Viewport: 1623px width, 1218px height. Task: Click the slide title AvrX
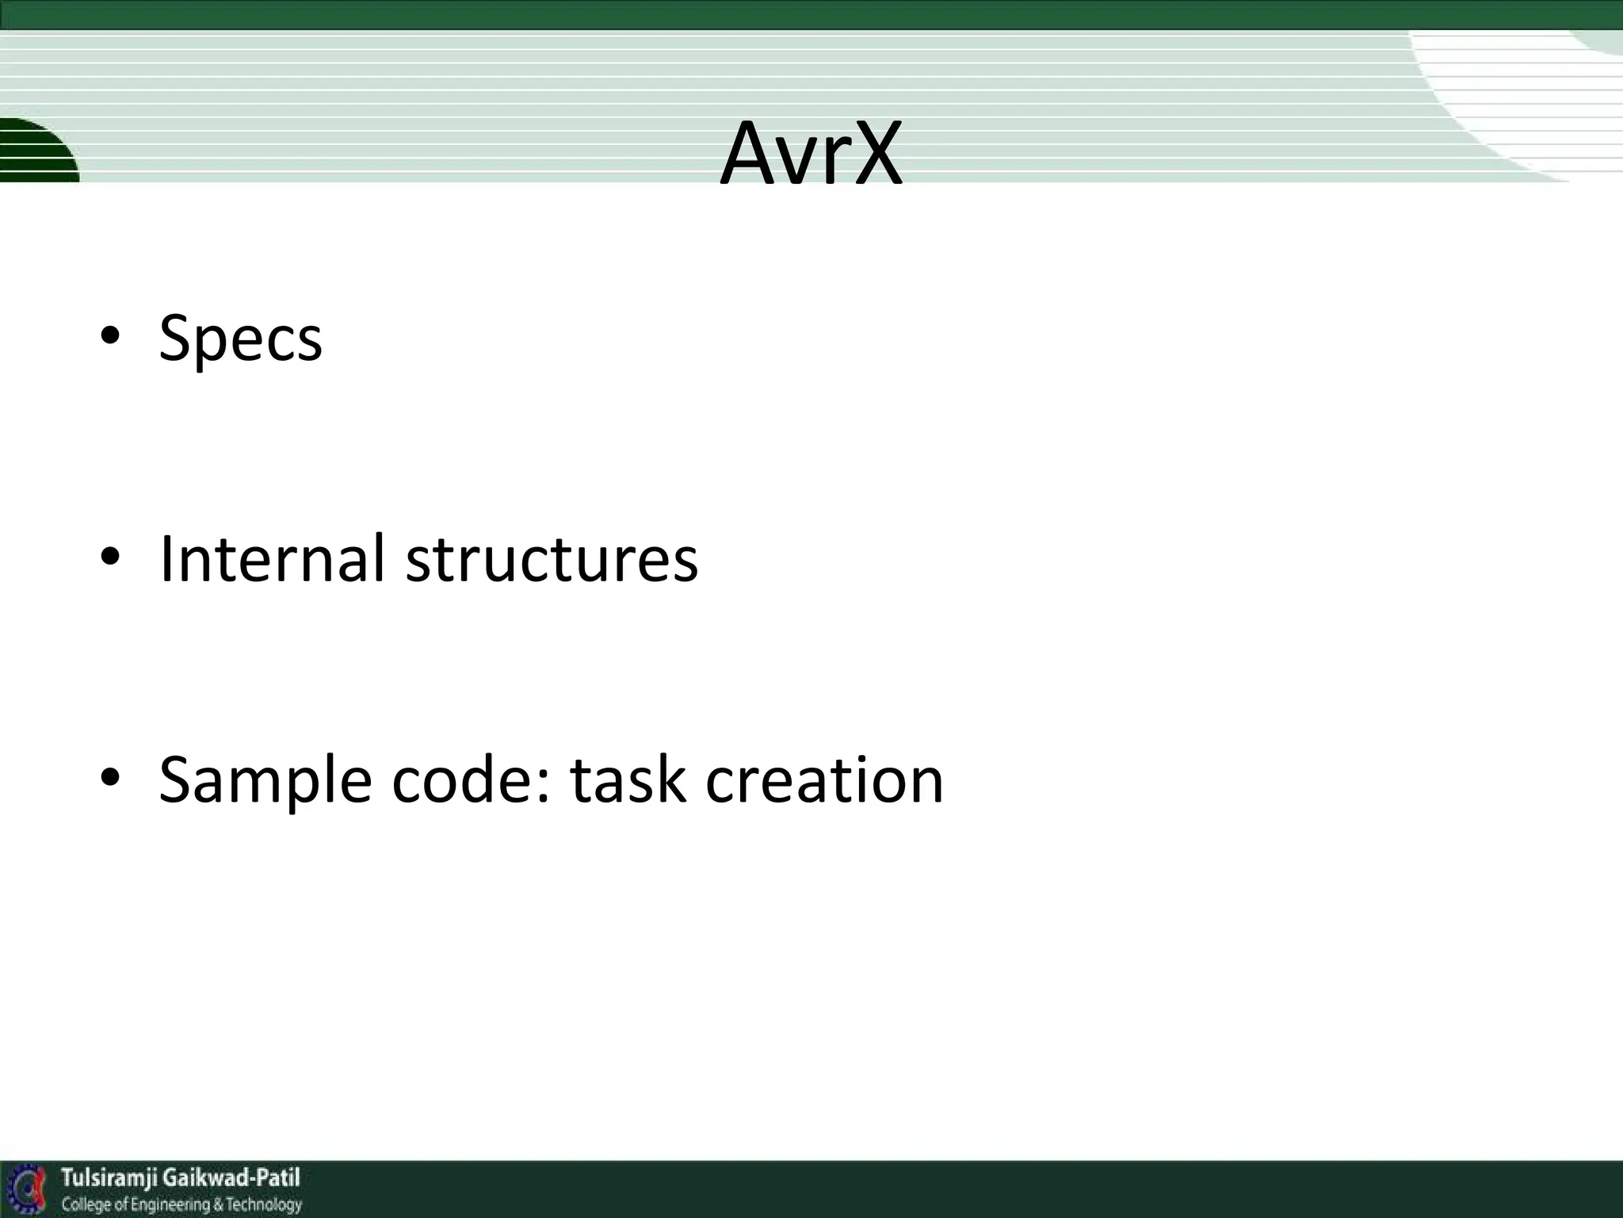[811, 155]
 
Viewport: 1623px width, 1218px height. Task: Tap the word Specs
[240, 339]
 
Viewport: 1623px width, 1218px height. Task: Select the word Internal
[272, 559]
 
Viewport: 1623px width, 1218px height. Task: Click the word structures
[552, 559]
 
